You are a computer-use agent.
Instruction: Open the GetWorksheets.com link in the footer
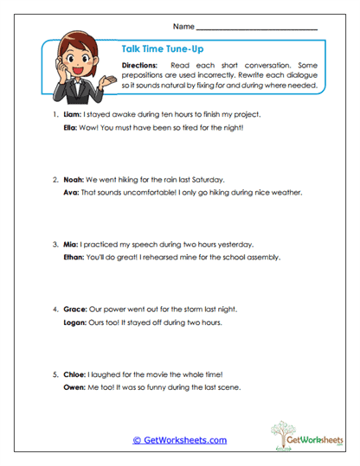[179, 440]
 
